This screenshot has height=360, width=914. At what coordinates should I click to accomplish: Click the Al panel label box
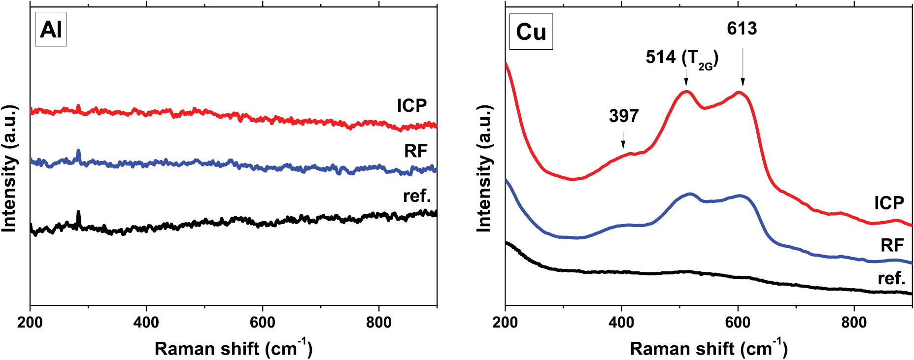pos(51,30)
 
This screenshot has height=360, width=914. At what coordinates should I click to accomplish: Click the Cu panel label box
pos(531,32)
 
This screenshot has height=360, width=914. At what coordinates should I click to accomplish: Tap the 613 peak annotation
pos(742,29)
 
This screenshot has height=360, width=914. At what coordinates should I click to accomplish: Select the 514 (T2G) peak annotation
pos(682,58)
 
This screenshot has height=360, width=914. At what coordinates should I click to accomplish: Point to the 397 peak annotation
pos(623,116)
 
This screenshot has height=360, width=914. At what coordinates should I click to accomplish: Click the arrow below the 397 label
pos(623,140)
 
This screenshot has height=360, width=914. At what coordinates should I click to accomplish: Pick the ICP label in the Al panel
pos(412,105)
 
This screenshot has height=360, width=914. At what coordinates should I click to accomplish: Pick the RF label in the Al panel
pos(415,151)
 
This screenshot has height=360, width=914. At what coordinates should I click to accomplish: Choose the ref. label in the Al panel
pos(417,196)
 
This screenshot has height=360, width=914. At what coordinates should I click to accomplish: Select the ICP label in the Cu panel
pos(889,203)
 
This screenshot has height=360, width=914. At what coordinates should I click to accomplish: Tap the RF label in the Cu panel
pos(892,245)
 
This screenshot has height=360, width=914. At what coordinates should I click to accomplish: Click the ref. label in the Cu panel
pos(891,278)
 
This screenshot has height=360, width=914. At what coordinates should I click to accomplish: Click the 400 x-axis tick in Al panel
pos(146,323)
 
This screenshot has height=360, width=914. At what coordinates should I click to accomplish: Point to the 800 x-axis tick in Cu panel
pos(854,323)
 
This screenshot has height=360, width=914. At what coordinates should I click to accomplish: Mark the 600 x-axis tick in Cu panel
pos(738,323)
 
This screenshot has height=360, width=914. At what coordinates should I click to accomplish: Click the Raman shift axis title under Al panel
pos(233,348)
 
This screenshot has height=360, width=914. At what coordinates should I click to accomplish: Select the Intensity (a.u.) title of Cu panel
pos(484,168)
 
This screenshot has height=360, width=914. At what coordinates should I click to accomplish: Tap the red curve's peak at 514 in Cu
pos(686,92)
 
